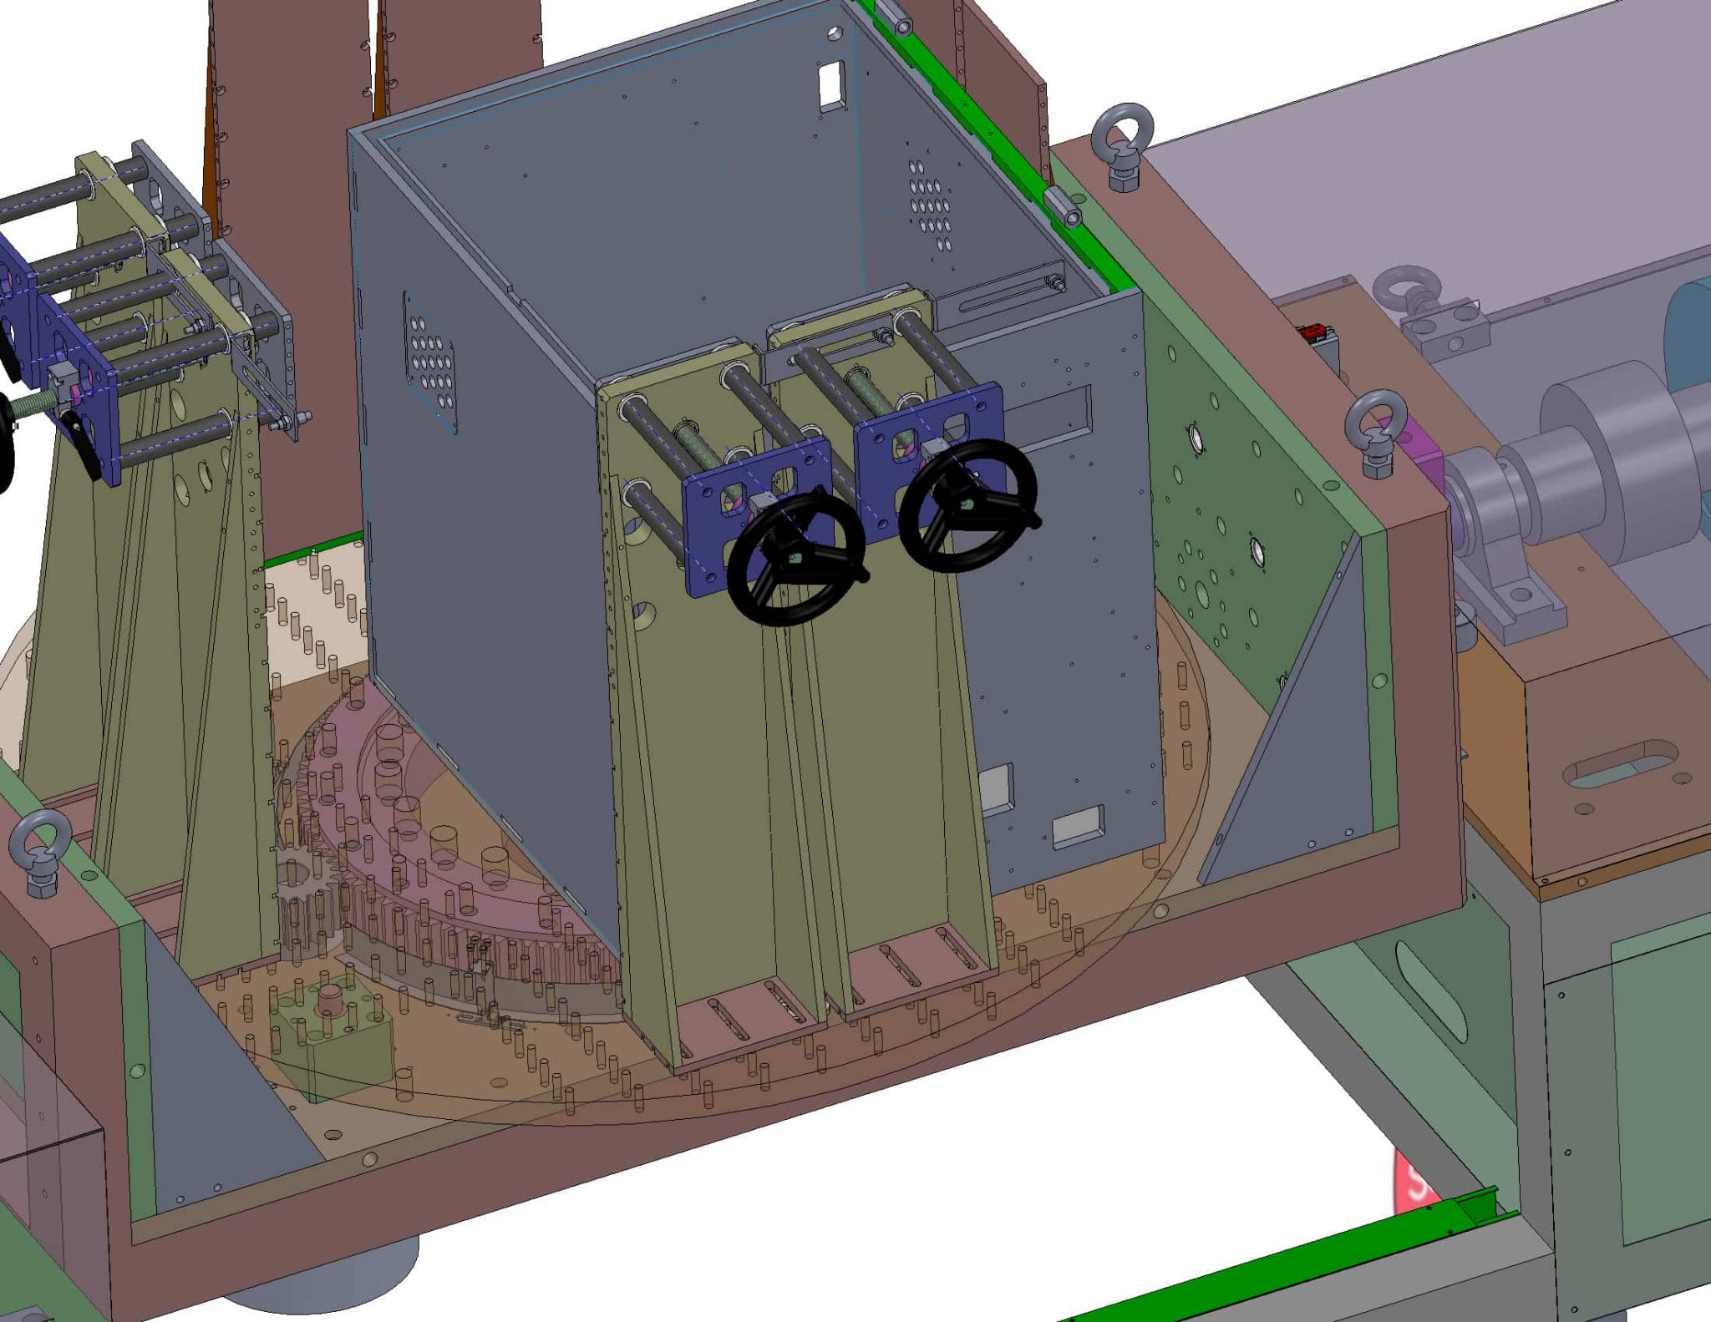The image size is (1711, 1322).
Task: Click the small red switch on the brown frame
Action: [x=1311, y=332]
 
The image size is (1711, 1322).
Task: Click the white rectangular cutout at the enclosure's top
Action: [x=830, y=85]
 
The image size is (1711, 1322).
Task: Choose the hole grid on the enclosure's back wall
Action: [x=930, y=205]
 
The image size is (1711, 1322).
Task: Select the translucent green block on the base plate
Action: [x=334, y=1036]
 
